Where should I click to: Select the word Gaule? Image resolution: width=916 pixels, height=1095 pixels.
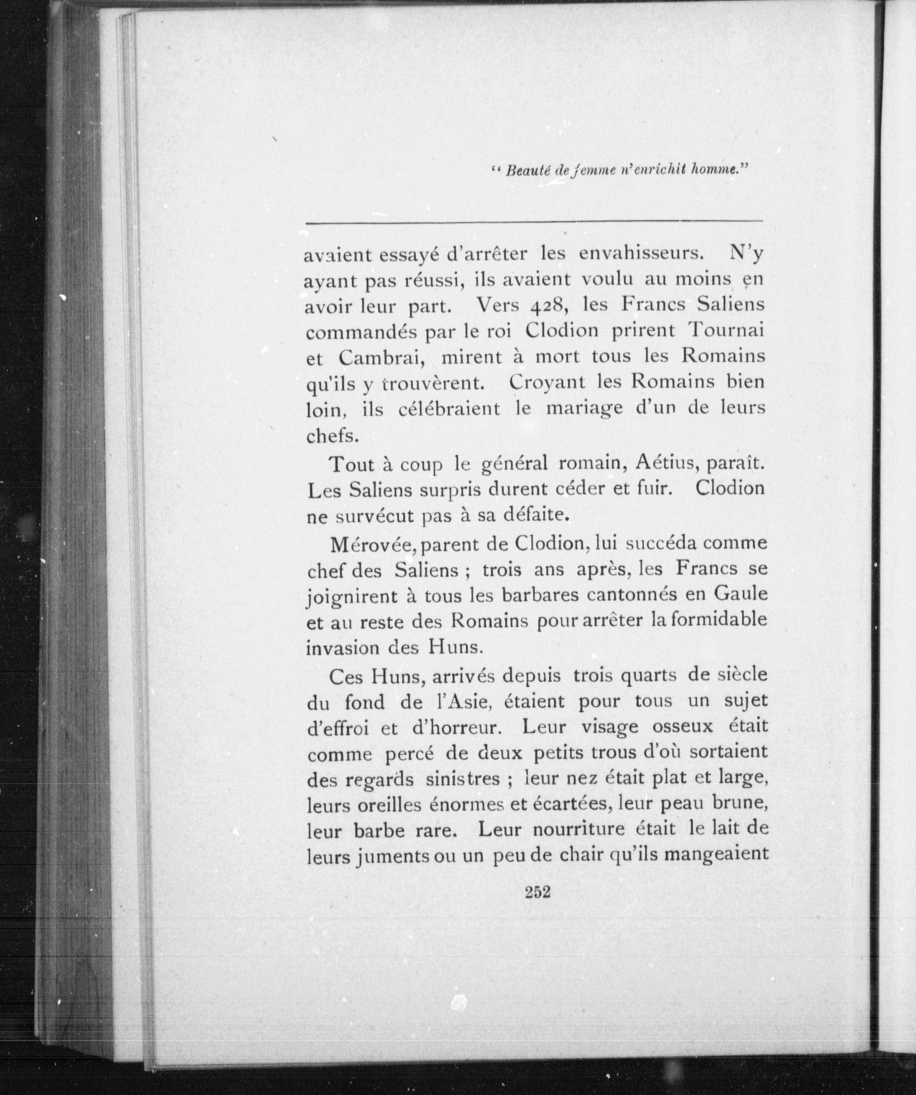tap(740, 595)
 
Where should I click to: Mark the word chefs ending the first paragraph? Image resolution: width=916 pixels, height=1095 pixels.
tap(332, 435)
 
